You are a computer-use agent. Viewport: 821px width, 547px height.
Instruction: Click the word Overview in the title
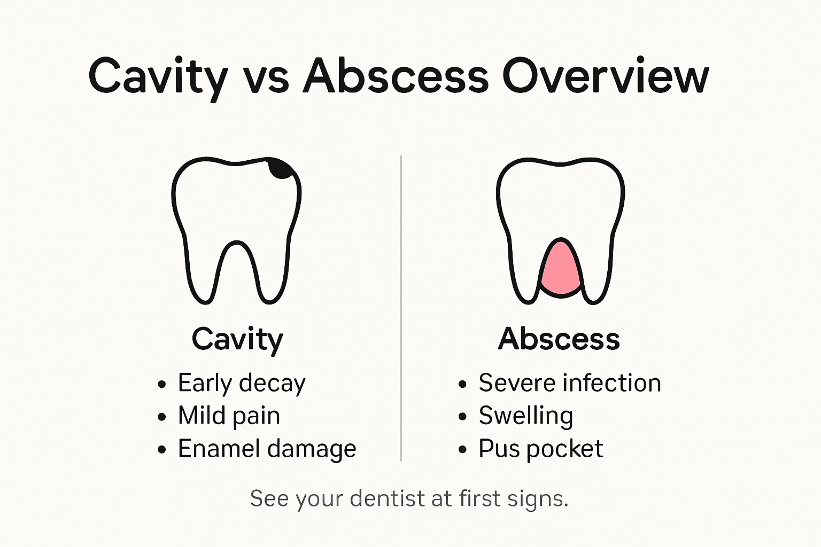605,76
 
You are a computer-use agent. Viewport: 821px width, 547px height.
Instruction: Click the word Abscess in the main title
396,76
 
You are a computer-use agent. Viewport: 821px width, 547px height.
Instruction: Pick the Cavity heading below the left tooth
237,339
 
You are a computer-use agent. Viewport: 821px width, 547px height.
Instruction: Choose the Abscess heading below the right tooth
559,339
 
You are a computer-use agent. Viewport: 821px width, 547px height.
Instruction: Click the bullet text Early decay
242,384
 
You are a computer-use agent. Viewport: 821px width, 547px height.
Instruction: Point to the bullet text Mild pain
229,416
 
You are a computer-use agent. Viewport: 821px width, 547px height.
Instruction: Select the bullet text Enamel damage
267,449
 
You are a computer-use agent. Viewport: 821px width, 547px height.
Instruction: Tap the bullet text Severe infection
570,384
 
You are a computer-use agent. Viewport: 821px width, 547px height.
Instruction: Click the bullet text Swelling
526,416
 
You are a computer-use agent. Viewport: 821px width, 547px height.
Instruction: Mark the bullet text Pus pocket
540,449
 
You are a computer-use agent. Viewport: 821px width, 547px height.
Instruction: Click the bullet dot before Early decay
162,385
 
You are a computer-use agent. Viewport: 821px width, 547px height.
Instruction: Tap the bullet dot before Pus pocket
462,450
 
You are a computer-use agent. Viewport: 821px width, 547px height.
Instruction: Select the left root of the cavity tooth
203,278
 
